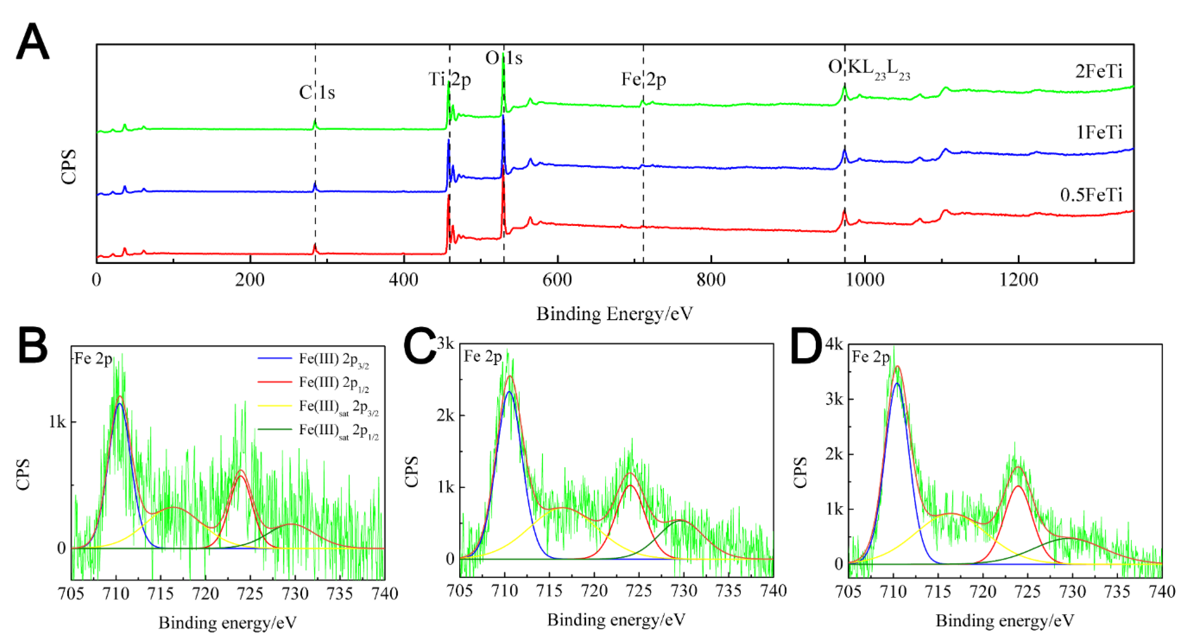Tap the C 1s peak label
pyautogui.click(x=317, y=92)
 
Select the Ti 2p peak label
pyautogui.click(x=449, y=80)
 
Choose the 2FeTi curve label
pyautogui.click(x=1099, y=72)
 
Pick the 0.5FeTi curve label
pyautogui.click(x=1091, y=195)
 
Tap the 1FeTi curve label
pyautogui.click(x=1099, y=133)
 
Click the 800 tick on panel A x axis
pyautogui.click(x=711, y=280)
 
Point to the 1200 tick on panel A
pyautogui.click(x=1018, y=280)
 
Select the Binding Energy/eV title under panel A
pyautogui.click(x=614, y=314)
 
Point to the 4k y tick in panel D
pyautogui.click(x=834, y=344)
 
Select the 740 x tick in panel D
pyautogui.click(x=1161, y=592)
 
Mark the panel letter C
pyautogui.click(x=419, y=347)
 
